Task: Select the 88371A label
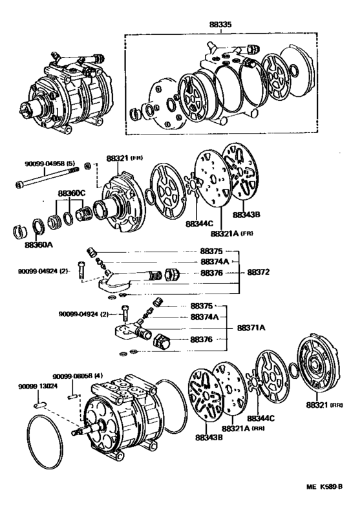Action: (253, 328)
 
